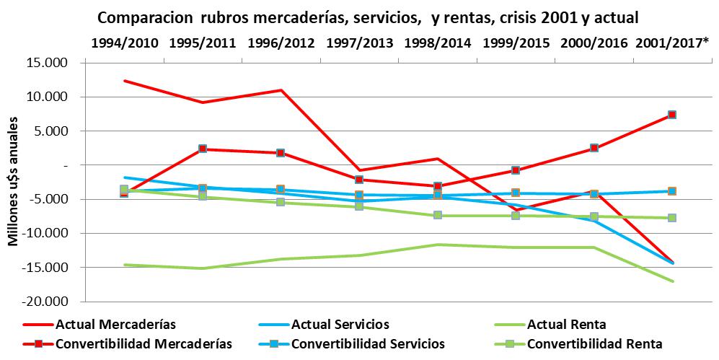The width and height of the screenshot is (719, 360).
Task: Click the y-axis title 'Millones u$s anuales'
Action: (14, 183)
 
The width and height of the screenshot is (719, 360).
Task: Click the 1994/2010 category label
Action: (124, 43)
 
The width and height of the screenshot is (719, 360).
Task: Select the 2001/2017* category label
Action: (672, 43)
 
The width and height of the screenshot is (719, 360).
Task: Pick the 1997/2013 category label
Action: (359, 43)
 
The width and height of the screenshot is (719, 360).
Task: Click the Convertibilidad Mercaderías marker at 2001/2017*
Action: (672, 115)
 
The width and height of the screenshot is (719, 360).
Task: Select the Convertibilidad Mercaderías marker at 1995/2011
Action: (203, 149)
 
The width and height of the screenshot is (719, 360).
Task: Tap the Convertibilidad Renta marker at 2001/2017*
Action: (672, 218)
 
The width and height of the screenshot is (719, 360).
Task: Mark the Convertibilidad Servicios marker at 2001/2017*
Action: (672, 191)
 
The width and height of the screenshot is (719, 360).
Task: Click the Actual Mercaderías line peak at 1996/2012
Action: (281, 90)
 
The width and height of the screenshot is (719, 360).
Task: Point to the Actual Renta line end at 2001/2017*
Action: (672, 281)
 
